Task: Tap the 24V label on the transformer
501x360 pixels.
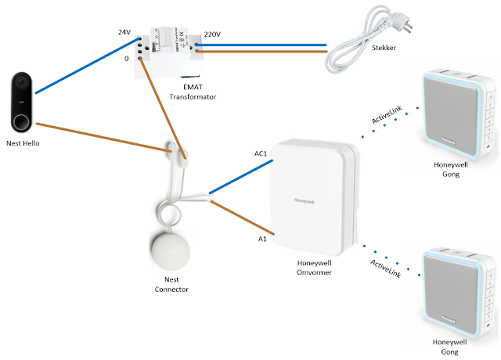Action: click(x=125, y=32)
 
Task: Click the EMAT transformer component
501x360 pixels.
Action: click(x=170, y=52)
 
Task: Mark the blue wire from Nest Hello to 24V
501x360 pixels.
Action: click(x=86, y=67)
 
